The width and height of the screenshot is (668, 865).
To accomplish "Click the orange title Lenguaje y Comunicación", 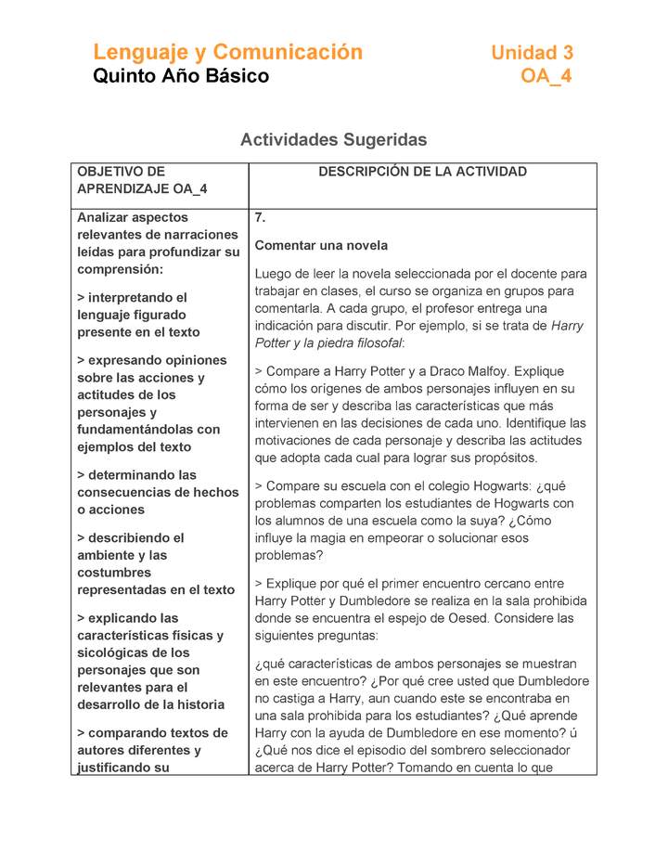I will point(227,52).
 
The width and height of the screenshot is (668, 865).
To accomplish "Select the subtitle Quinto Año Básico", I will point(181,76).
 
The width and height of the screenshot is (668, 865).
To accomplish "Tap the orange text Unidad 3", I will point(532,53).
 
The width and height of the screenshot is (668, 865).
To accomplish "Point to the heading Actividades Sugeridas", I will point(333,140).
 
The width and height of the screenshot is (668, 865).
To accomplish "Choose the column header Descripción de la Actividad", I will point(422,172).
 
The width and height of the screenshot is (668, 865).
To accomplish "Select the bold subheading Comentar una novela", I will point(321,246).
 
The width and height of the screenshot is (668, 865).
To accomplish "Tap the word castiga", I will point(299,699).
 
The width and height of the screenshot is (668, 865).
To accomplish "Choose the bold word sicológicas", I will point(112,653).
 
